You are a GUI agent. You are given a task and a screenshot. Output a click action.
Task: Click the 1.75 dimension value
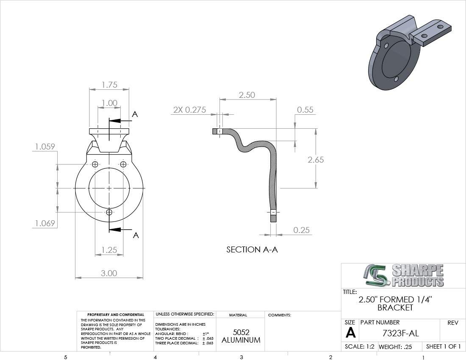(x=109, y=85)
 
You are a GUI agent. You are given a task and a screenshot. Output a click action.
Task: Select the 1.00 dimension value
(x=109, y=103)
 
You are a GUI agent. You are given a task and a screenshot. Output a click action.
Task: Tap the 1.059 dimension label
(x=45, y=147)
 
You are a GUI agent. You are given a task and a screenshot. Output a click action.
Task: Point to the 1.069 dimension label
(x=45, y=223)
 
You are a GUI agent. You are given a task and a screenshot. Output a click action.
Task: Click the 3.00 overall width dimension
(x=109, y=273)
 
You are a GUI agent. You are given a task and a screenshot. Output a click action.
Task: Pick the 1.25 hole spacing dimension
(x=109, y=250)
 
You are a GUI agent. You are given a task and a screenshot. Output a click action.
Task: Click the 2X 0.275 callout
(x=190, y=110)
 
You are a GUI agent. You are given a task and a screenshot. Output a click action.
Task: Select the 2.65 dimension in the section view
(x=316, y=160)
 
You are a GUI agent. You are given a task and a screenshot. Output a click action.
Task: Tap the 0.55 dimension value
(x=305, y=110)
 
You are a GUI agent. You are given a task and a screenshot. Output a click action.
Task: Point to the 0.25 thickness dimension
(x=301, y=230)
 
